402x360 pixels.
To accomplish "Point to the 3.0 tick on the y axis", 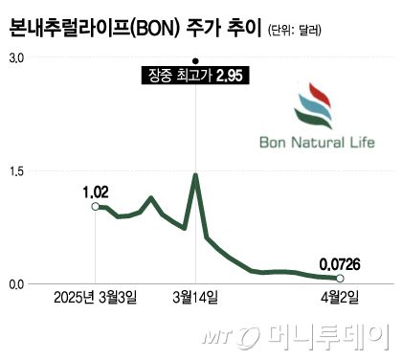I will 16,58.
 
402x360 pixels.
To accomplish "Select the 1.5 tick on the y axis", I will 16,171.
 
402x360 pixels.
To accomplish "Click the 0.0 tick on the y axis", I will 16,284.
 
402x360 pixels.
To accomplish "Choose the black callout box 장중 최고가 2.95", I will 195,75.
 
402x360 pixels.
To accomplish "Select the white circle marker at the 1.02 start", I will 94,206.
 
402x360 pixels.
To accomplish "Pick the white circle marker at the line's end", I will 340,278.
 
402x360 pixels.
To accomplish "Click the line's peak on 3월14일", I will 195,175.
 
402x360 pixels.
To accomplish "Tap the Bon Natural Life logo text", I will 317,145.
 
